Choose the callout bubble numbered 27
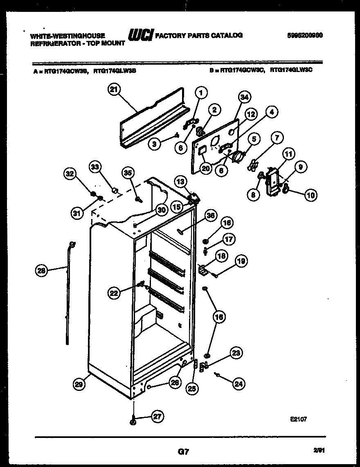(x=157, y=417)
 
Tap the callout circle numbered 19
(x=241, y=260)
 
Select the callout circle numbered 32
(x=70, y=174)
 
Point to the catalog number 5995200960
(x=305, y=35)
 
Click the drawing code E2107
(x=298, y=419)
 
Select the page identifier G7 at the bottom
(x=183, y=452)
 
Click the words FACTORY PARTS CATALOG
(x=199, y=36)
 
